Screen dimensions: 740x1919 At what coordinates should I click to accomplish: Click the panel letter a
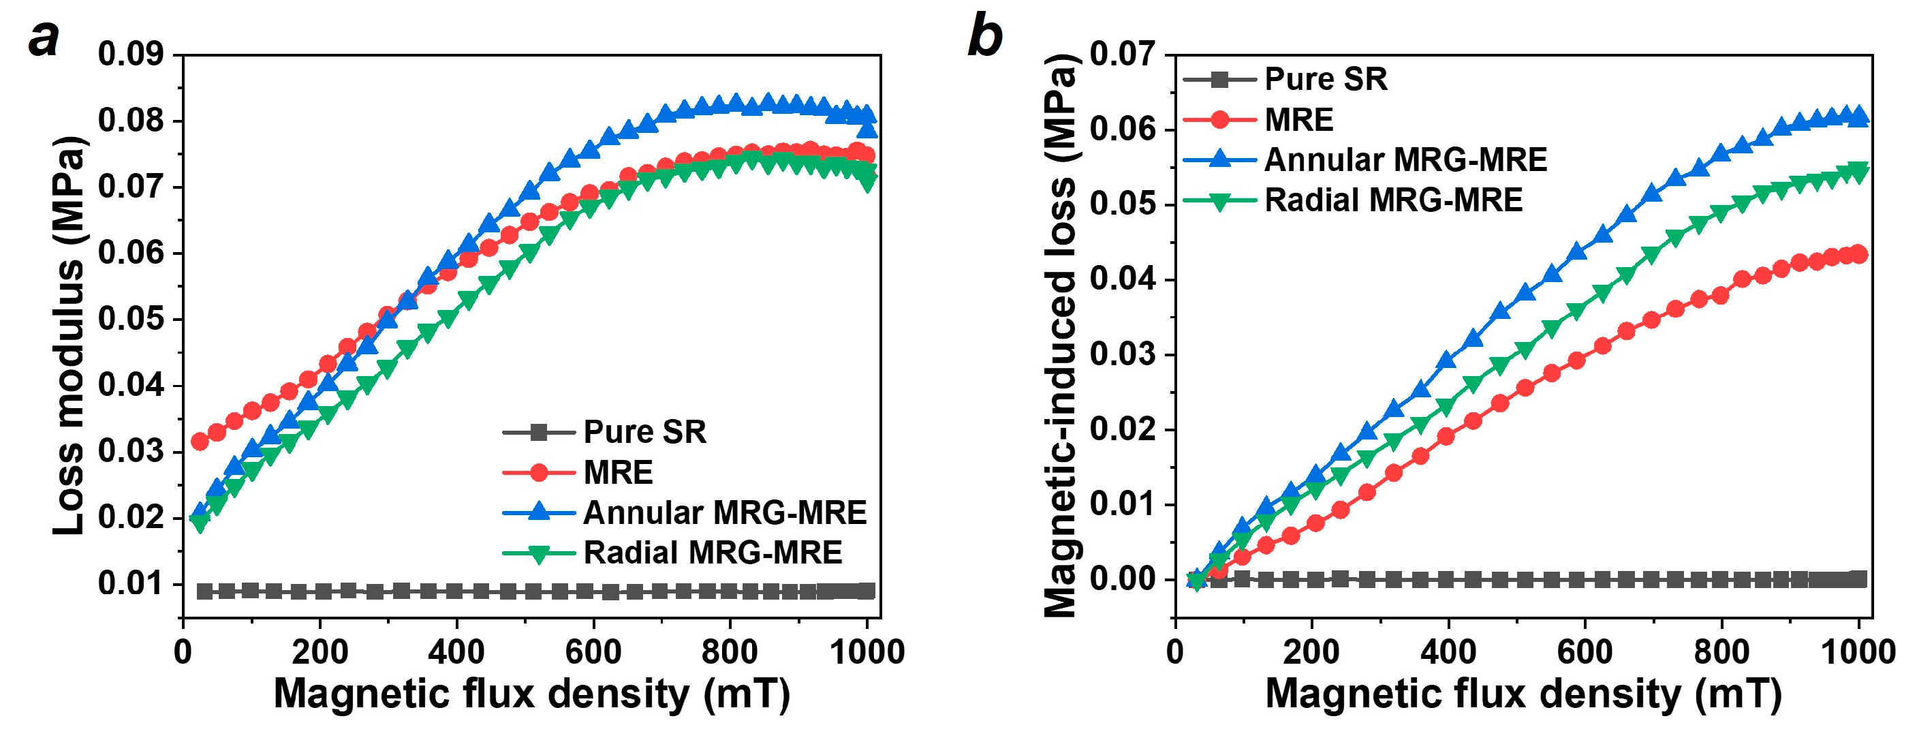(x=43, y=39)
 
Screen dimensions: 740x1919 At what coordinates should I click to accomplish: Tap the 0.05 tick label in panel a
(x=130, y=319)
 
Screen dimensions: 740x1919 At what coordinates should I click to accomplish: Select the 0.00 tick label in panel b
(x=1123, y=579)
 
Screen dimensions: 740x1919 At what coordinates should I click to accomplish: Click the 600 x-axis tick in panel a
(x=593, y=652)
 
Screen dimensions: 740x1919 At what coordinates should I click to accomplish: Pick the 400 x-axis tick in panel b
(x=1448, y=652)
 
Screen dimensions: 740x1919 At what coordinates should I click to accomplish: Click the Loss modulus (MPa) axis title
(x=69, y=335)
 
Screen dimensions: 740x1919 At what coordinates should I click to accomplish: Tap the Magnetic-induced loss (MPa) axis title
(x=1060, y=335)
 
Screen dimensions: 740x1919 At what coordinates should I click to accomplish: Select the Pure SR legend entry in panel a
(x=644, y=431)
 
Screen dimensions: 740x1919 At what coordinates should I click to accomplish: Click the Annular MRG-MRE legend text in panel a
(x=724, y=512)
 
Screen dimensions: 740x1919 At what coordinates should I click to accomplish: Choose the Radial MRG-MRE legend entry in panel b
(x=1393, y=200)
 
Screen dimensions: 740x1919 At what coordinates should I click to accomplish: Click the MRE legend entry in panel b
(x=1298, y=120)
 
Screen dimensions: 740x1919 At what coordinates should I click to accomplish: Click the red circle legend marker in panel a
(x=539, y=472)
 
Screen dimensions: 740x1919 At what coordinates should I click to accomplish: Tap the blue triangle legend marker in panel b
(x=1219, y=159)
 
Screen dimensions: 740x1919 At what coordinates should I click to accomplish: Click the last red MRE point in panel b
(x=1858, y=254)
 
